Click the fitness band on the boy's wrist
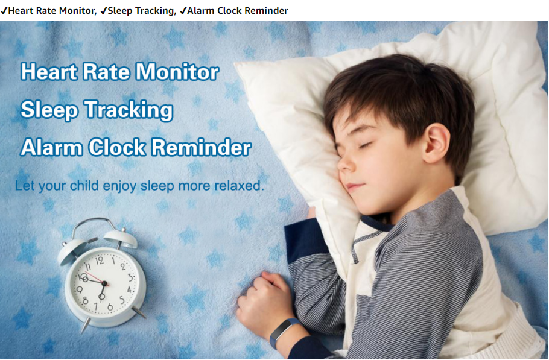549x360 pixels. pos(284,332)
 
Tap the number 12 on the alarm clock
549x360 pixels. pos(100,261)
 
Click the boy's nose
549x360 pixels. pos(345,163)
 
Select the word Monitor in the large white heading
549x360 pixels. pos(177,72)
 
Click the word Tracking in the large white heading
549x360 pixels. pos(129,110)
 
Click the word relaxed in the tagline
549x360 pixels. pos(239,185)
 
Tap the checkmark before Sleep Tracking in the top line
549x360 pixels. pos(104,10)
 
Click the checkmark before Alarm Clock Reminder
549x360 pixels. pos(183,10)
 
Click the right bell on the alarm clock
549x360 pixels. pos(121,239)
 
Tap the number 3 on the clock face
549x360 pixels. pos(130,278)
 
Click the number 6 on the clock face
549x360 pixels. pos(110,307)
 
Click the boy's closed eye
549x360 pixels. pos(364,145)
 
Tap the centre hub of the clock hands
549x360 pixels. pos(104,283)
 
